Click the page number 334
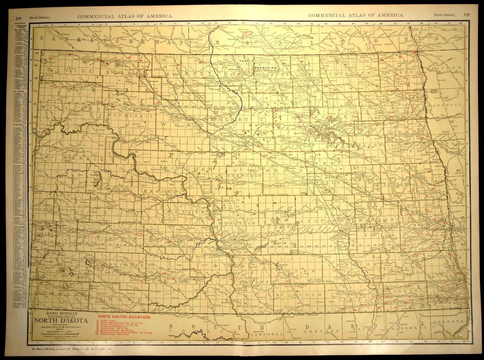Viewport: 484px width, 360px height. point(18,18)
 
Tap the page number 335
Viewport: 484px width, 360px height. point(467,15)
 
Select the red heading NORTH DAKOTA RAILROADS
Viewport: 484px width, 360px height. point(124,316)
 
